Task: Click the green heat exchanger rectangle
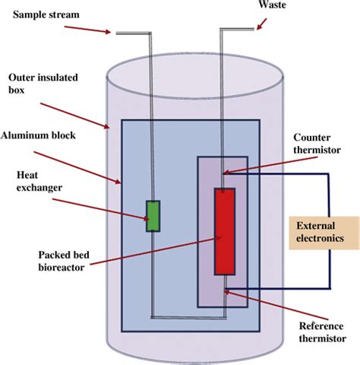(x=153, y=215)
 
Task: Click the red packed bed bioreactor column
(x=225, y=232)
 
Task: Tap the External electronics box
(x=322, y=231)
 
